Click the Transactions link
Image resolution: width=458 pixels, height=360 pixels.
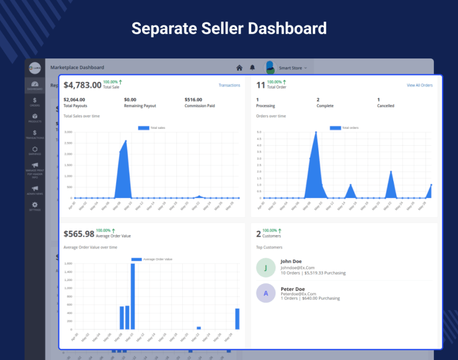tap(229, 85)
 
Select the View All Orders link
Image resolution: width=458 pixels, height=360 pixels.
tap(420, 85)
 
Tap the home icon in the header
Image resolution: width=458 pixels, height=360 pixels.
tap(239, 68)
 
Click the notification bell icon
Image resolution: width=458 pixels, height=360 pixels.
tap(252, 68)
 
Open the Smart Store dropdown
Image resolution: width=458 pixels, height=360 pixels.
tap(292, 68)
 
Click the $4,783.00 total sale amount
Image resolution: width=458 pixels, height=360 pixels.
tap(82, 85)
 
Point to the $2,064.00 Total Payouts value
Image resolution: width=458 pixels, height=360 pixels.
tap(74, 99)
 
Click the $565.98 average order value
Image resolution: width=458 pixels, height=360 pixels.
tap(79, 234)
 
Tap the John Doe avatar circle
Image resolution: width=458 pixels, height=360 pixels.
tap(266, 268)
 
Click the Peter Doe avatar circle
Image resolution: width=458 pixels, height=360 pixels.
tap(266, 292)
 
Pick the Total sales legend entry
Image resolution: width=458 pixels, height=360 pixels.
tap(153, 128)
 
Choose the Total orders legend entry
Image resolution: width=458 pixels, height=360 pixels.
tap(345, 128)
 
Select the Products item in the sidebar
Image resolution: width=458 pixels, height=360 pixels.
tap(35, 118)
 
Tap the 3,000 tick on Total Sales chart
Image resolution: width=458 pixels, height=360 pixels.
tap(68, 132)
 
